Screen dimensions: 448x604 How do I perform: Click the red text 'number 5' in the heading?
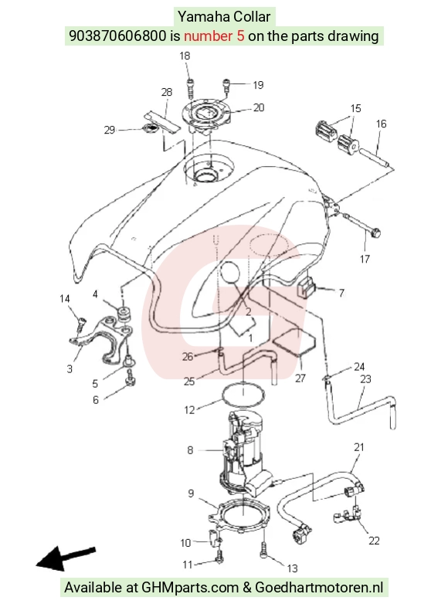214,36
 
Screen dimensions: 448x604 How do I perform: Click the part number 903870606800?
117,36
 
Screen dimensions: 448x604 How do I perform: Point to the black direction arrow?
66,558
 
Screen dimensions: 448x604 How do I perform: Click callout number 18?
185,56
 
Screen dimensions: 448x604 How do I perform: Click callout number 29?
110,130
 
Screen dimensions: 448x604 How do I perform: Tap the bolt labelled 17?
362,225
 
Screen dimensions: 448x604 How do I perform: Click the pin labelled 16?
376,158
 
